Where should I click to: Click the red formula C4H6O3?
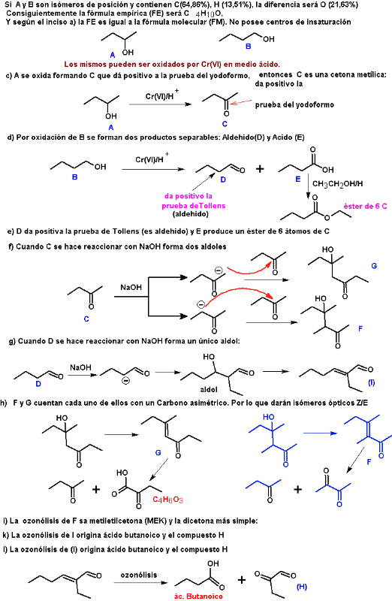167,500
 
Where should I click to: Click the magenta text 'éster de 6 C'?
365,206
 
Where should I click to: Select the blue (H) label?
302,587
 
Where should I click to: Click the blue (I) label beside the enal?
371,382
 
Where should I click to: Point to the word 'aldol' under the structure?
209,389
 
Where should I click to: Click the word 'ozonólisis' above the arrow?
139,575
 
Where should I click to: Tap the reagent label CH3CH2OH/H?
338,184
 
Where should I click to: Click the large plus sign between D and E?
260,168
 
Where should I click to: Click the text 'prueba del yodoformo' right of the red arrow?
294,104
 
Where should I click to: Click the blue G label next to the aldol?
374,266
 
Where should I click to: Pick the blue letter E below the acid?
297,179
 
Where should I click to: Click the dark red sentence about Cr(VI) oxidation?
172,65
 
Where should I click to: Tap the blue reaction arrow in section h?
320,433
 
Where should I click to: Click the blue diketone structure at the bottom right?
333,487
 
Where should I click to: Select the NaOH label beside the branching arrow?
131,287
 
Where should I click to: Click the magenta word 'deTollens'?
207,206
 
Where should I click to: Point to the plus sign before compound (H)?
241,580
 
